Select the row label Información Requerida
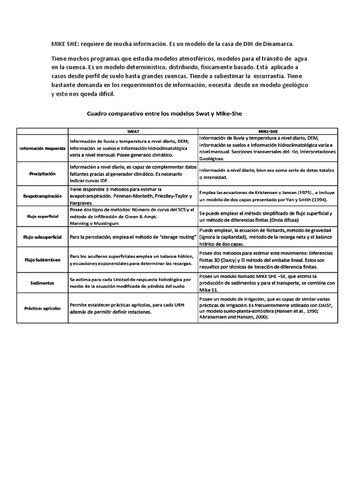click(42, 149)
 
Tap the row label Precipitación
click(42, 173)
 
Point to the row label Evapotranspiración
click(42, 196)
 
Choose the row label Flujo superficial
click(42, 217)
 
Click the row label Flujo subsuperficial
click(42, 237)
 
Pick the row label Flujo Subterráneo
click(42, 259)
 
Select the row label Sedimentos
click(42, 283)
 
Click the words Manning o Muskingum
click(93, 223)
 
